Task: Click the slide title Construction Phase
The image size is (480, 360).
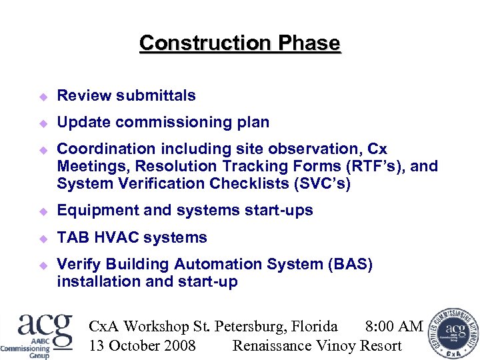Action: (239, 43)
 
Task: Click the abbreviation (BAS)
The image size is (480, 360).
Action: (350, 264)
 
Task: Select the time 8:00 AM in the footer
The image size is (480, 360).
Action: (394, 326)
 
